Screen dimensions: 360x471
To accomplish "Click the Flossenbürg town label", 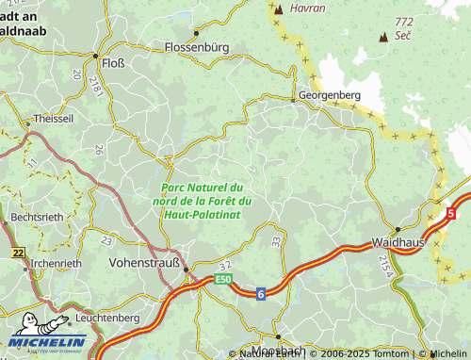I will pos(197,46).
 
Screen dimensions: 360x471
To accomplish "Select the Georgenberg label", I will pos(331,96).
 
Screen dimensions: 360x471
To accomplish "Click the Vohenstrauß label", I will pos(145,263).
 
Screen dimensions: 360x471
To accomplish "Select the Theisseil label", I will pos(53,120).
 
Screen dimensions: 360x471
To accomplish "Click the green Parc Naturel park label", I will pos(202,202).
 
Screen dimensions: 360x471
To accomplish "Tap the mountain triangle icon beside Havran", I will pos(278,9).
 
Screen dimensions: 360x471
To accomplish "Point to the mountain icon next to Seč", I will pos(382,38).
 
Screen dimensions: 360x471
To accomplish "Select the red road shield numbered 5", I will pos(450,214).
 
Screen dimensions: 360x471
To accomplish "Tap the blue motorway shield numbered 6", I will pos(260,294).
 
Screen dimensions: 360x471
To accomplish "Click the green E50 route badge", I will pos(222,280).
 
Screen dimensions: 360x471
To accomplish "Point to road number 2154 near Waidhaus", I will pos(383,265).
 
